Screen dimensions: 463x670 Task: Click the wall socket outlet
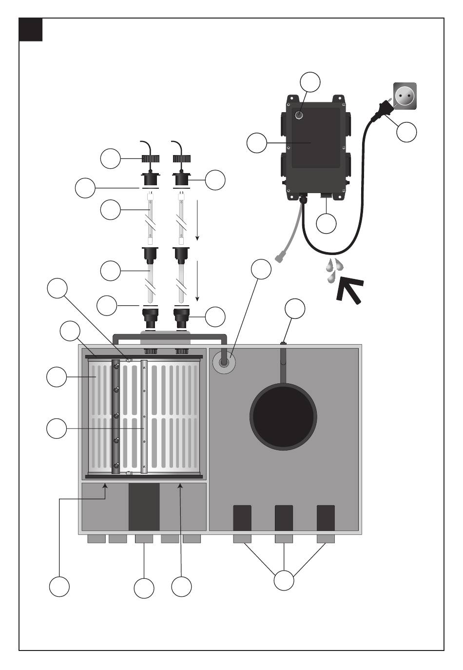pos(405,95)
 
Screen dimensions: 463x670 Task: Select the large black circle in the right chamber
pos(283,416)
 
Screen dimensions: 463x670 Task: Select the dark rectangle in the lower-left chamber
pos(144,507)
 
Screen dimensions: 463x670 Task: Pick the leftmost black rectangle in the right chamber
pos(242,518)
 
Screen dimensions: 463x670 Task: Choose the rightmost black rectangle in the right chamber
pos(326,518)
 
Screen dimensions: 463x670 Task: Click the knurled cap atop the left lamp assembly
pos(151,159)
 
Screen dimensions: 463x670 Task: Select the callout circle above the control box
pos(310,82)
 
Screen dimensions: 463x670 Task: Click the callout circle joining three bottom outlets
pos(284,580)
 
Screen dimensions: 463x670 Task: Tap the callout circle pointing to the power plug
pos(406,132)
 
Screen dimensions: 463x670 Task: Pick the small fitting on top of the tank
pos(283,343)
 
